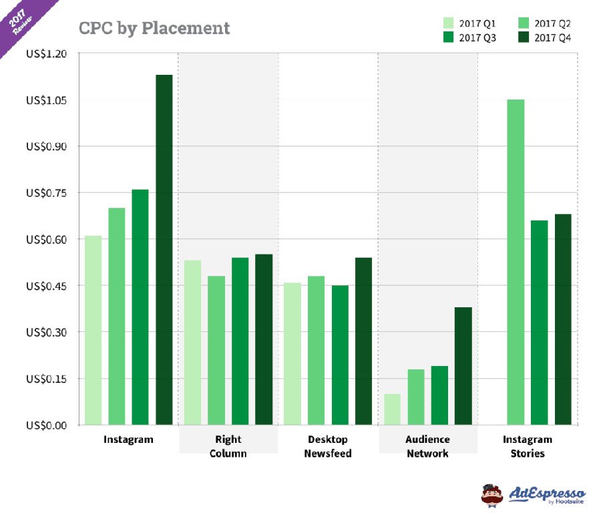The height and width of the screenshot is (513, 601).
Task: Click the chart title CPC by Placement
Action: pyautogui.click(x=154, y=28)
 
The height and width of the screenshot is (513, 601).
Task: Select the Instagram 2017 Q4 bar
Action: pyautogui.click(x=164, y=250)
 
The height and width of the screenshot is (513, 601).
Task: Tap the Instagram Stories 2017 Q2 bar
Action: pyautogui.click(x=516, y=262)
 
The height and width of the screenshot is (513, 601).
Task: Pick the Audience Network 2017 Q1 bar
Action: pyautogui.click(x=392, y=409)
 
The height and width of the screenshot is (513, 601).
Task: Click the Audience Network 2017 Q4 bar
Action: pyautogui.click(x=463, y=366)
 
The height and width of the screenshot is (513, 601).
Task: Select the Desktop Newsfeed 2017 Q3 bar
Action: pyautogui.click(x=340, y=355)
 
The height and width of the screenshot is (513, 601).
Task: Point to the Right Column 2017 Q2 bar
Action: pyautogui.click(x=216, y=351)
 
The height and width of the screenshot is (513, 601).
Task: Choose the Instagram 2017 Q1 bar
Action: pyautogui.click(x=93, y=331)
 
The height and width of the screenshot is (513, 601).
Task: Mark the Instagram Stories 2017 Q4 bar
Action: pyautogui.click(x=563, y=319)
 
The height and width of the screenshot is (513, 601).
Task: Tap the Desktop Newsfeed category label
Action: pyautogui.click(x=328, y=446)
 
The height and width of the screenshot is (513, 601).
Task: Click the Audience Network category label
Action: pyautogui.click(x=427, y=446)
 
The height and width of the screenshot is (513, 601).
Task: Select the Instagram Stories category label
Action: pyautogui.click(x=527, y=446)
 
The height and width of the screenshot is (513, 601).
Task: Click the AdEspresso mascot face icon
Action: pyautogui.click(x=492, y=494)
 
